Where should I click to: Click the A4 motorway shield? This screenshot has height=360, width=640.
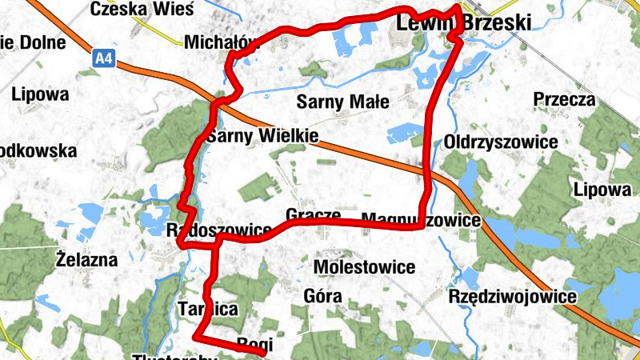[102, 58]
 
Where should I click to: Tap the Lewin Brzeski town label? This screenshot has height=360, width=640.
[464, 24]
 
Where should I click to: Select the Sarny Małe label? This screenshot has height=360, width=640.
[342, 102]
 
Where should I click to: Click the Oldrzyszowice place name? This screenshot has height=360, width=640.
[501, 142]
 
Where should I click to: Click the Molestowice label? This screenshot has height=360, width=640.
[365, 266]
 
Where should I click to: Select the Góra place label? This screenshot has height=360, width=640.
[323, 296]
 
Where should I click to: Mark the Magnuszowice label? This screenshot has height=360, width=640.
[422, 219]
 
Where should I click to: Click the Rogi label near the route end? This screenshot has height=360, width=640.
[255, 344]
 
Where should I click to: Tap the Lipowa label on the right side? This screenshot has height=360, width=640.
[602, 190]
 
